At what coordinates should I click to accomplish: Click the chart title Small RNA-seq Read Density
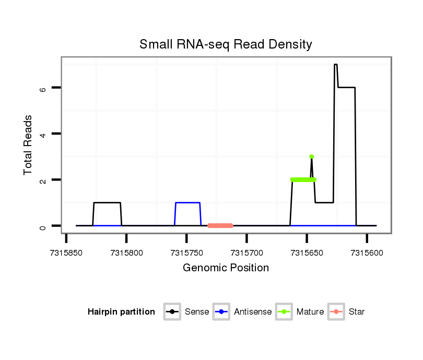point(226,44)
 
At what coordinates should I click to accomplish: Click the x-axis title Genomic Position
point(226,268)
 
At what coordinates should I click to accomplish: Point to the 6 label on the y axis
point(43,88)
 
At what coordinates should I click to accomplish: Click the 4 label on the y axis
point(43,134)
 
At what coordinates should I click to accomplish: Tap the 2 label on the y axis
point(43,180)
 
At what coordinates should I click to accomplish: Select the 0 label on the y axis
point(43,226)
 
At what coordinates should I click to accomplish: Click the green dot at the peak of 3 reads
point(312,157)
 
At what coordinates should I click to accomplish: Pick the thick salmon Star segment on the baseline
point(220,225)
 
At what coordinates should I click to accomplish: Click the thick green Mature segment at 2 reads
point(303,179)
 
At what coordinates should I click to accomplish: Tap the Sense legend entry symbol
point(172,312)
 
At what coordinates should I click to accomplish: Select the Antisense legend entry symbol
point(221,312)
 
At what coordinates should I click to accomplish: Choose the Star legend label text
point(357,312)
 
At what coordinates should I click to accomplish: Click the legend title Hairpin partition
point(121,312)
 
